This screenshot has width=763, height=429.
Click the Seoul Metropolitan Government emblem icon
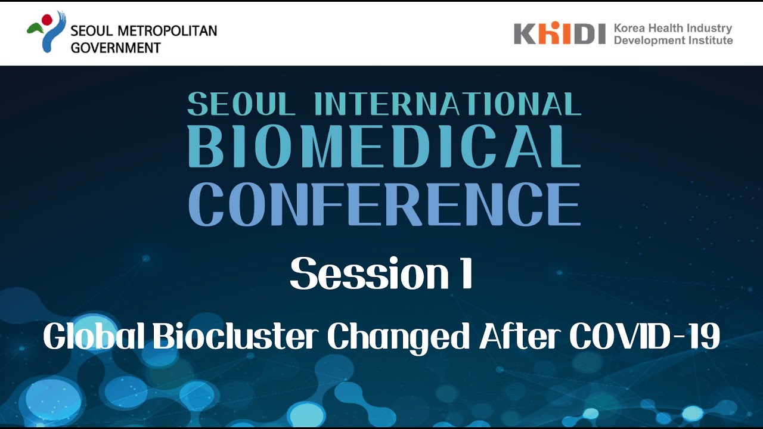point(46,32)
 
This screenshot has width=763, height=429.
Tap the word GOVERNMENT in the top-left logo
point(116,47)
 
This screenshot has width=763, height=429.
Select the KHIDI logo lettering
point(559,33)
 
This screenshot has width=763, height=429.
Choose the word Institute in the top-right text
point(708,41)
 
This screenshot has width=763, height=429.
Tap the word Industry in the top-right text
point(709,28)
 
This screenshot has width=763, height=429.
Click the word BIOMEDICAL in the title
point(384,146)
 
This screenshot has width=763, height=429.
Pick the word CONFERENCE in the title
point(384,204)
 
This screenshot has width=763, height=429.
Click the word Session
point(364,275)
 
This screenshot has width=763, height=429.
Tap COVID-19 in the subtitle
point(644,338)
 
